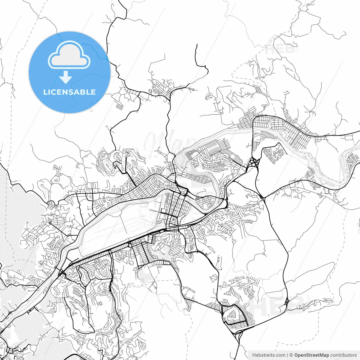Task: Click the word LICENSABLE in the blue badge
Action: tap(69, 92)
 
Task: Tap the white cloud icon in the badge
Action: tap(69, 55)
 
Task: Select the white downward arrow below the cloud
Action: tap(66, 77)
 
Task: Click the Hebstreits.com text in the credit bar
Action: tap(269, 355)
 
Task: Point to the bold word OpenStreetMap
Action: tap(311, 355)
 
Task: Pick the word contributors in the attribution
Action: tap(343, 355)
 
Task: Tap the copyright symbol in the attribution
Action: tap(291, 355)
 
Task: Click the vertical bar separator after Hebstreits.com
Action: tap(287, 355)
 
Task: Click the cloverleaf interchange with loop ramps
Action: tap(255, 162)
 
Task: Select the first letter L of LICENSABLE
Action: tap(45, 92)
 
